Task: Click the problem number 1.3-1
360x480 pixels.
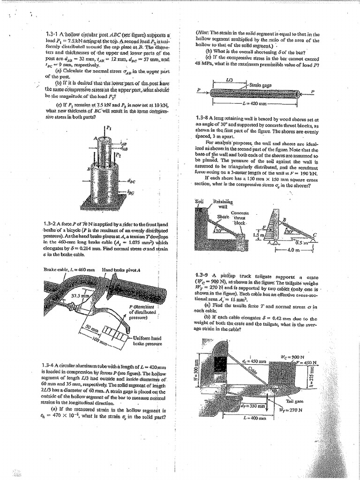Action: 52,34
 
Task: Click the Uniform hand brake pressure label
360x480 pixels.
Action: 150,340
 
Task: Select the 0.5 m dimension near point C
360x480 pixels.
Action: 300,243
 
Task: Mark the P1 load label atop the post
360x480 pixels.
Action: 109,127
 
